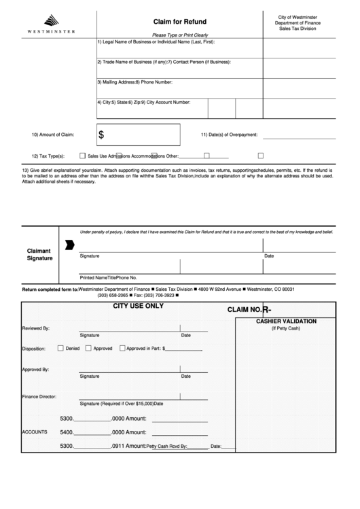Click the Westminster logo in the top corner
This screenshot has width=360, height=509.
[x=51, y=23]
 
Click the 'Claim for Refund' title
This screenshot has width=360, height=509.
[x=179, y=22]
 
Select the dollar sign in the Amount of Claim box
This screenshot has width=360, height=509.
[x=102, y=135]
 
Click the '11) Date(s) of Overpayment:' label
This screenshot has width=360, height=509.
[x=229, y=135]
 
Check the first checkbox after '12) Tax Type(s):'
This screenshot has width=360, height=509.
[x=82, y=155]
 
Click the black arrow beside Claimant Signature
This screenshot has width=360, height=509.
[x=69, y=245]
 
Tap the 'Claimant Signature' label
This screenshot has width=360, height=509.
[x=39, y=254]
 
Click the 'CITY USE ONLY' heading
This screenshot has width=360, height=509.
[x=138, y=306]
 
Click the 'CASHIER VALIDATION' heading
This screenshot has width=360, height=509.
[x=285, y=321]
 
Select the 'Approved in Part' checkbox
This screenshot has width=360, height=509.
[x=122, y=349]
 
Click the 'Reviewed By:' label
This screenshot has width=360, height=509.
[x=36, y=328]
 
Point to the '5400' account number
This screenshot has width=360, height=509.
[x=67, y=432]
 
